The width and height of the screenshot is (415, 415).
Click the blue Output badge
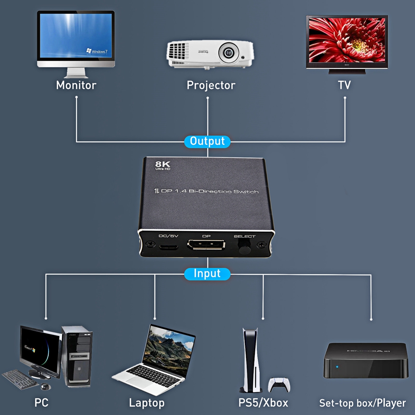[x=207, y=141]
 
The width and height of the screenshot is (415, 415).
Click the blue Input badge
[x=207, y=274]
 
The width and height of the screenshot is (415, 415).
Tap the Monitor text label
[x=76, y=85]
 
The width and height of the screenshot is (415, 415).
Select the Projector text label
[x=211, y=85]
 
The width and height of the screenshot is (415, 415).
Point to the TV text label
[x=344, y=85]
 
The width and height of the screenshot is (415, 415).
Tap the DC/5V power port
[x=168, y=248]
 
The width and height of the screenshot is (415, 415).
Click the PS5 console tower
[x=249, y=359]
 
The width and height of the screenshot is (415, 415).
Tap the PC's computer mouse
[x=45, y=387]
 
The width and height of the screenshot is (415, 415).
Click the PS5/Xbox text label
[x=263, y=403]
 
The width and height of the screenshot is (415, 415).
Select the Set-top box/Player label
[x=362, y=403]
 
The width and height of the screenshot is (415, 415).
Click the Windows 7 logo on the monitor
[x=96, y=51]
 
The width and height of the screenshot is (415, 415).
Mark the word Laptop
[x=146, y=403]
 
